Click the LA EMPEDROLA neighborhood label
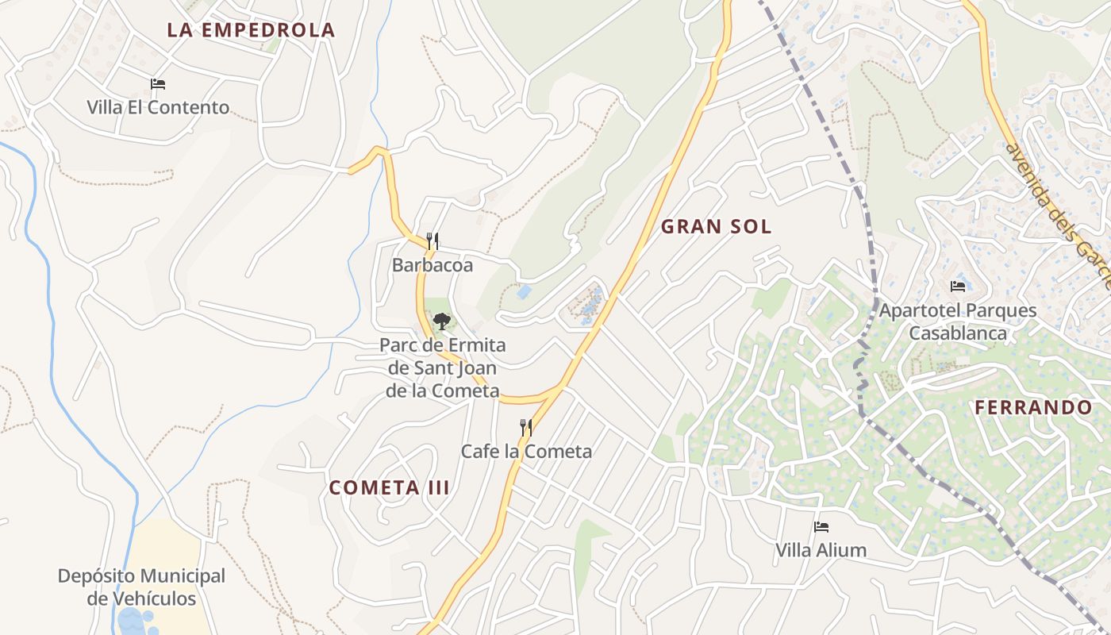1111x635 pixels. pyautogui.click(x=251, y=30)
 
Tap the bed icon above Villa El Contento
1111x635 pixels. pyautogui.click(x=158, y=84)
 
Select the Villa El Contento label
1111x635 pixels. pyautogui.click(x=158, y=107)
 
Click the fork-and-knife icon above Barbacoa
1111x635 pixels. pyautogui.click(x=432, y=241)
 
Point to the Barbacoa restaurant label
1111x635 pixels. pyautogui.click(x=432, y=265)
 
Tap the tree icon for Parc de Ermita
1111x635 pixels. pyautogui.click(x=441, y=321)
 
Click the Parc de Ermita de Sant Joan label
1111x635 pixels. pyautogui.click(x=443, y=368)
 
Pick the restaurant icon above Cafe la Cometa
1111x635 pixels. pyautogui.click(x=525, y=428)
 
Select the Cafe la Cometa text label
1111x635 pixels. pyautogui.click(x=526, y=452)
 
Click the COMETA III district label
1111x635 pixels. pyautogui.click(x=390, y=487)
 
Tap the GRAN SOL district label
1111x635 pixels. pyautogui.click(x=716, y=227)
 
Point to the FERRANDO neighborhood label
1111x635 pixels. pyautogui.click(x=1033, y=408)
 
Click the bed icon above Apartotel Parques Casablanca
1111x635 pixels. pyautogui.click(x=958, y=287)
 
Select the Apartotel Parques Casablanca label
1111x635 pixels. pyautogui.click(x=958, y=321)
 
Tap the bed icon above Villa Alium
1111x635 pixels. pyautogui.click(x=821, y=527)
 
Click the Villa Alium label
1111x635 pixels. pyautogui.click(x=821, y=550)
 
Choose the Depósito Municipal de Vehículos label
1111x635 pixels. pyautogui.click(x=141, y=587)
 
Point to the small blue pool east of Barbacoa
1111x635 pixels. pyautogui.click(x=524, y=292)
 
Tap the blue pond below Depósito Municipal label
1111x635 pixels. pyautogui.click(x=131, y=621)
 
